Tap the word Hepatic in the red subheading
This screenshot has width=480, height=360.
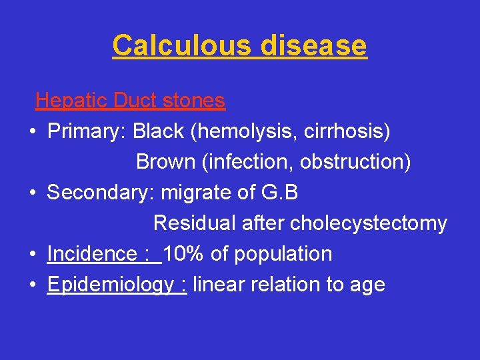point(72,101)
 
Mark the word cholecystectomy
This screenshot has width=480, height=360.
point(369,223)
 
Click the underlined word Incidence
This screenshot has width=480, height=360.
point(91,253)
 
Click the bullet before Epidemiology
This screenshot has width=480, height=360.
point(32,285)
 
